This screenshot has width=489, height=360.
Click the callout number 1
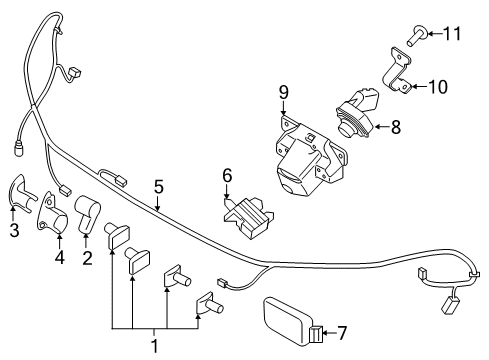[154, 345]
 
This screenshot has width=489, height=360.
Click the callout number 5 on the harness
[157, 184]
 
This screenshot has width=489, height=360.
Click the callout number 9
[283, 93]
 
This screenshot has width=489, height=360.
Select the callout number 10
[437, 86]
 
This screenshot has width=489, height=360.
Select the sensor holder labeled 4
[49, 212]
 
